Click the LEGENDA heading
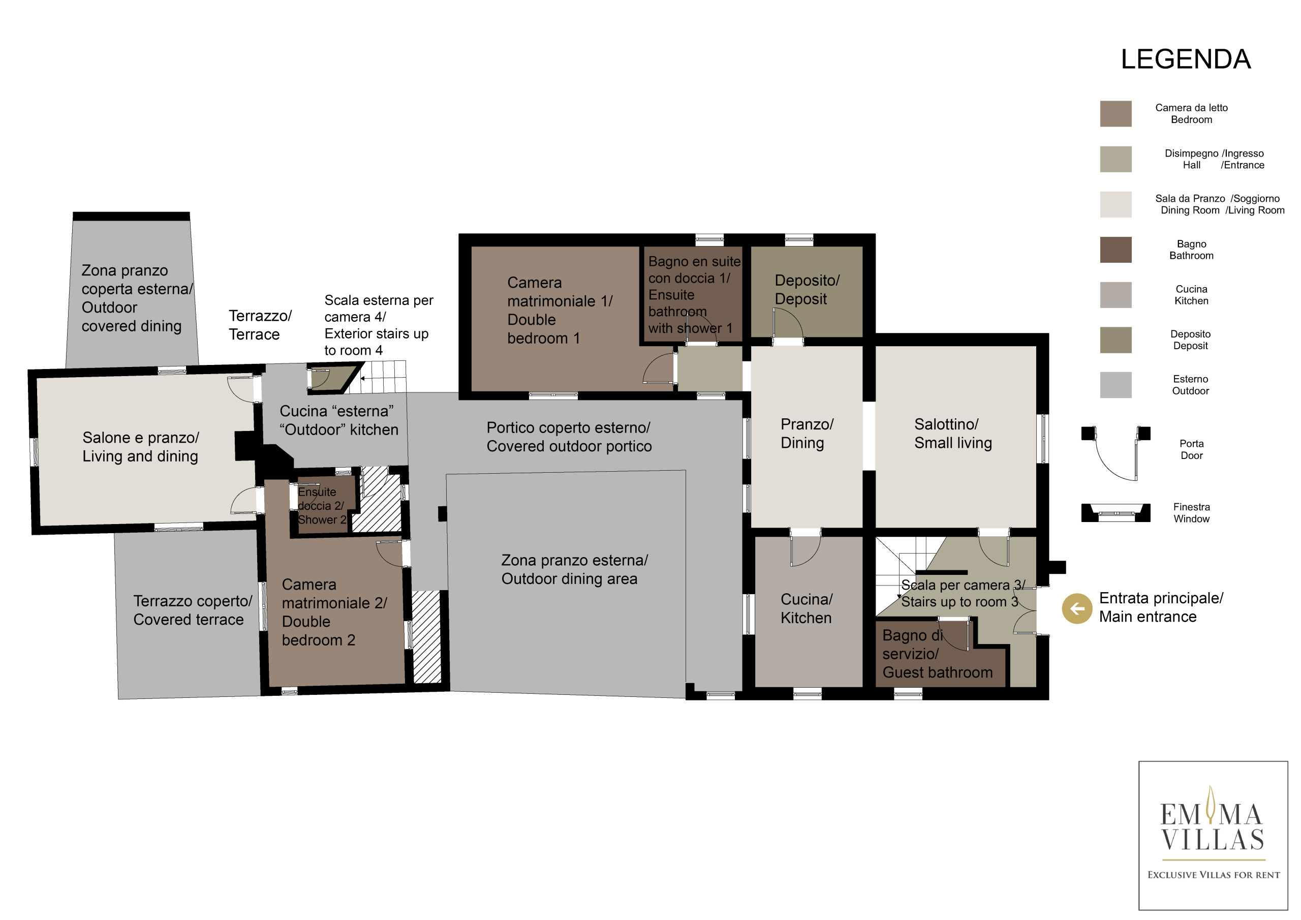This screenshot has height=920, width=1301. click(x=1186, y=59)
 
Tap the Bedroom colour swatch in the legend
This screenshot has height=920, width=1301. click(x=1115, y=113)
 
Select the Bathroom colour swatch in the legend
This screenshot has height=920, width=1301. click(x=1115, y=250)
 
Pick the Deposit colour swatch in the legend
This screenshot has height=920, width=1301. click(x=1115, y=340)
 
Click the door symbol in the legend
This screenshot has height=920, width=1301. click(x=1115, y=453)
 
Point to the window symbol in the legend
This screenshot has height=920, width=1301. click(x=1115, y=512)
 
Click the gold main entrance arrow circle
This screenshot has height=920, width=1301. click(x=1076, y=608)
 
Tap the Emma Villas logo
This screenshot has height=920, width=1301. click(x=1213, y=836)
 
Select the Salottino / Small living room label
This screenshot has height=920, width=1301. click(x=953, y=433)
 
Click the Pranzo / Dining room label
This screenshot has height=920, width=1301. click(x=807, y=433)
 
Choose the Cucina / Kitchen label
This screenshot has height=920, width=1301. click(x=807, y=608)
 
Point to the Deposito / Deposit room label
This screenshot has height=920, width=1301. click(x=807, y=289)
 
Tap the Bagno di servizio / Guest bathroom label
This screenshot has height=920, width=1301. click(x=937, y=654)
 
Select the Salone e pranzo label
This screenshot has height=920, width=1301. click(x=141, y=447)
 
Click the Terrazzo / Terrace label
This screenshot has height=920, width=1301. click(x=260, y=325)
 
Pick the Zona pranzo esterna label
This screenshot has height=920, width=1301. click(x=575, y=569)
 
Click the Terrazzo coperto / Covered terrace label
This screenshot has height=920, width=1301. click(x=193, y=610)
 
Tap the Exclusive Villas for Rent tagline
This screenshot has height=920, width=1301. click(x=1214, y=875)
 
